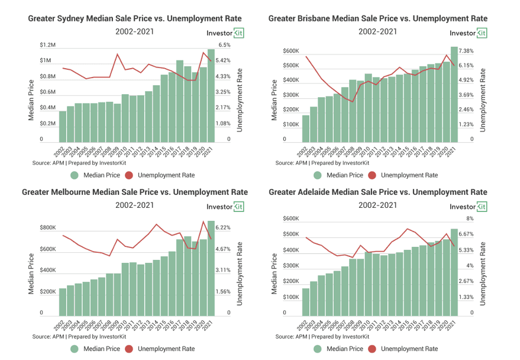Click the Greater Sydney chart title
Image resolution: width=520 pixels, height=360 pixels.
click(x=135, y=18)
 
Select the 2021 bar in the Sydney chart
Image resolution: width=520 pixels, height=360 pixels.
click(x=211, y=96)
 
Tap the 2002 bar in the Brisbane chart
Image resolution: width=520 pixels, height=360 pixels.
click(x=305, y=128)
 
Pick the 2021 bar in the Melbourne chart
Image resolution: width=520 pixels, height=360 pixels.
click(x=211, y=268)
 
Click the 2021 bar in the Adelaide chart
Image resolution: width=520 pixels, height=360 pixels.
click(x=454, y=272)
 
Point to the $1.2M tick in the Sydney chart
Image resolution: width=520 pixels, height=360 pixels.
click(x=47, y=45)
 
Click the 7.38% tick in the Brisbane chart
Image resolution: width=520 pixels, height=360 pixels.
click(x=466, y=51)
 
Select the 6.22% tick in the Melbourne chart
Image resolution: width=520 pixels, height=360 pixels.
click(x=223, y=227)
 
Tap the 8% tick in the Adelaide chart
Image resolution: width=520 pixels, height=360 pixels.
click(x=470, y=218)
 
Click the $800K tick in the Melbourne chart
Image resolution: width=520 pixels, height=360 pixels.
click(x=48, y=227)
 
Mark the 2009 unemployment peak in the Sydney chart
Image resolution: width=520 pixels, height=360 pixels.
click(x=117, y=54)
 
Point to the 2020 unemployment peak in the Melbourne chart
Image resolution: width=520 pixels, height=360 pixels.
click(x=203, y=221)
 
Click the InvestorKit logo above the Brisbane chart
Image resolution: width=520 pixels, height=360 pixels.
click(x=469, y=33)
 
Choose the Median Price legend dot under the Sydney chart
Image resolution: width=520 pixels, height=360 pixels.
click(x=75, y=175)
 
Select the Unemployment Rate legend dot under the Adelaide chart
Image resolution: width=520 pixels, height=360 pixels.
click(x=372, y=349)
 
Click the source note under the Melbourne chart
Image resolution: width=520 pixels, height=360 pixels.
click(x=79, y=336)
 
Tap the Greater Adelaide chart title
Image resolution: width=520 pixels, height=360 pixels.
click(x=378, y=192)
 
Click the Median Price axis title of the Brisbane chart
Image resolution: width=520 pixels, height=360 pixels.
click(x=274, y=100)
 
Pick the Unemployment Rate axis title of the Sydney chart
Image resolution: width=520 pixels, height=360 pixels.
click(x=240, y=100)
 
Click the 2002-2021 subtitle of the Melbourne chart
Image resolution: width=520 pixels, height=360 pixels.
click(x=135, y=205)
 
